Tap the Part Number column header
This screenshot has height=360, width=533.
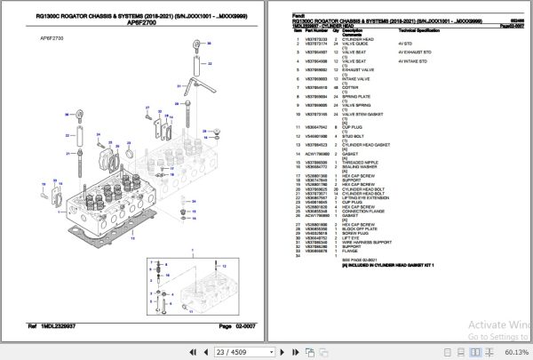click(x=318, y=32)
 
